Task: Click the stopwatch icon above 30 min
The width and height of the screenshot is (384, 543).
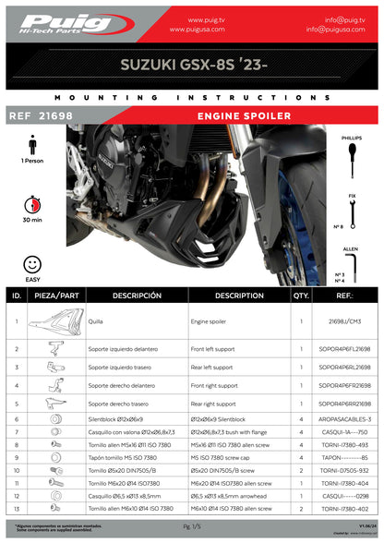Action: click(33, 202)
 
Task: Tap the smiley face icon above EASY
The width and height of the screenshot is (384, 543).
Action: click(33, 263)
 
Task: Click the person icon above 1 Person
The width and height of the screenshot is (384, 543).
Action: click(33, 145)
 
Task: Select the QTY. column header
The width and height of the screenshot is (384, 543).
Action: click(300, 296)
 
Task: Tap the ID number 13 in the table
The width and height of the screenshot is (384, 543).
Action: click(17, 509)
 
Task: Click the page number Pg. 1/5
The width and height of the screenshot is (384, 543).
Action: click(191, 525)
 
